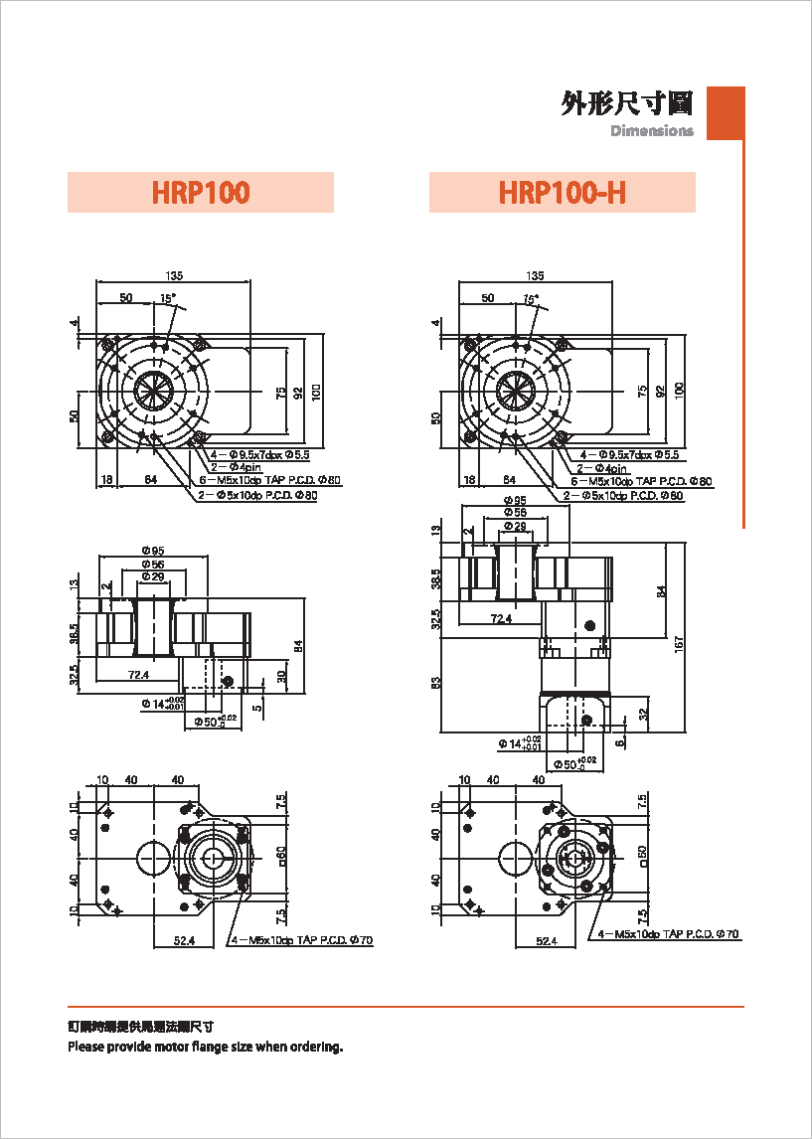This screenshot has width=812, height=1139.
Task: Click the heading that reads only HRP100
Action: (201, 192)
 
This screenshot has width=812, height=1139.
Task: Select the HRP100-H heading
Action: (562, 192)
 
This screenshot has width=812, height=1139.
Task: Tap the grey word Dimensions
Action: (652, 131)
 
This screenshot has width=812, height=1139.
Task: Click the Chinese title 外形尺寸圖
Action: (627, 103)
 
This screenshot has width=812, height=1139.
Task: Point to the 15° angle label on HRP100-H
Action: (531, 298)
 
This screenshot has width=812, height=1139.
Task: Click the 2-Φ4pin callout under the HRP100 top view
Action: (235, 467)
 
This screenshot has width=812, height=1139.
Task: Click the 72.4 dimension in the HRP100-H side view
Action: (501, 618)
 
